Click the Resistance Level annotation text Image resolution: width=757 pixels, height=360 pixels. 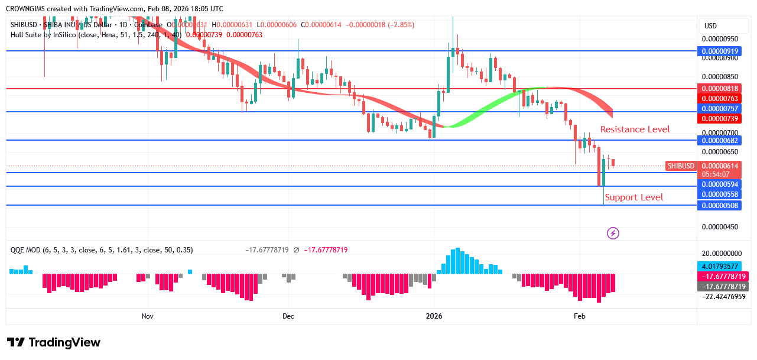(635, 129)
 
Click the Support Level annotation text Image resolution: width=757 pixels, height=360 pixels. (633, 197)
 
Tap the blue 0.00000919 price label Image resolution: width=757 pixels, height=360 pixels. (719, 51)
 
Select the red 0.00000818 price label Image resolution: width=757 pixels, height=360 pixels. (719, 88)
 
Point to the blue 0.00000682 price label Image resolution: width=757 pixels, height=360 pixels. (719, 140)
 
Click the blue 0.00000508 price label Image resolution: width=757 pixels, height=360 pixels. (719, 205)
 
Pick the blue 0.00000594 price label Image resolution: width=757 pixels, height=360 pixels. (719, 184)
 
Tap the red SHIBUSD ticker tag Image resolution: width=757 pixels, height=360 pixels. (680, 166)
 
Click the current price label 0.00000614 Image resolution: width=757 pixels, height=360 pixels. (719, 166)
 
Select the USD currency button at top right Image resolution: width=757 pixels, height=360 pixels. (710, 26)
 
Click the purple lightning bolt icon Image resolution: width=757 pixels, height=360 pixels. (613, 233)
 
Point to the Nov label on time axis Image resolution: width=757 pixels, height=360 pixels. (148, 316)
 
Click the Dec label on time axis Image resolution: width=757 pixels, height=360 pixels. (288, 316)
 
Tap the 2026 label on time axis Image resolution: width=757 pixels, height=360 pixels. (434, 316)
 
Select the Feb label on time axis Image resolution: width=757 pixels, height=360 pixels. (579, 316)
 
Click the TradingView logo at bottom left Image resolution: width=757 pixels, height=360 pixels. (54, 343)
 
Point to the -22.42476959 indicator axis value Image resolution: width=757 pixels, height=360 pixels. (724, 297)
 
